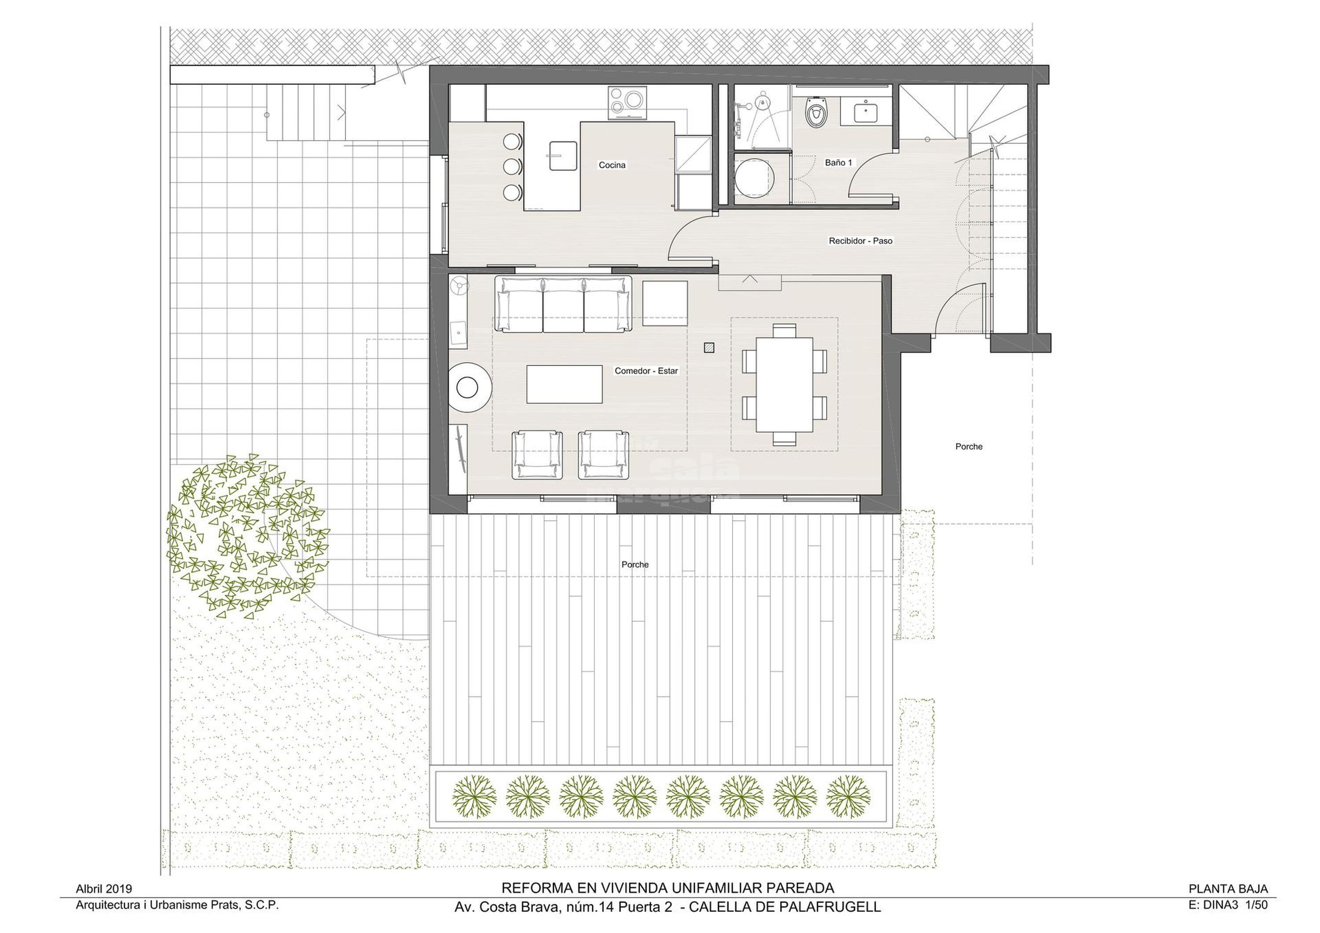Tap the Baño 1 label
tap(838, 163)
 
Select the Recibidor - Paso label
tap(860, 241)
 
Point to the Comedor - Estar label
tap(646, 371)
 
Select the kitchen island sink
tap(562, 156)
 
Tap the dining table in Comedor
tap(784, 385)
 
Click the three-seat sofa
tap(563, 304)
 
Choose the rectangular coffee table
tap(565, 385)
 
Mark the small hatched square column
tap(709, 347)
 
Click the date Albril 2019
tap(103, 889)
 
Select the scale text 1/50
tap(1256, 904)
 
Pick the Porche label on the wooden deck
tap(635, 565)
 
